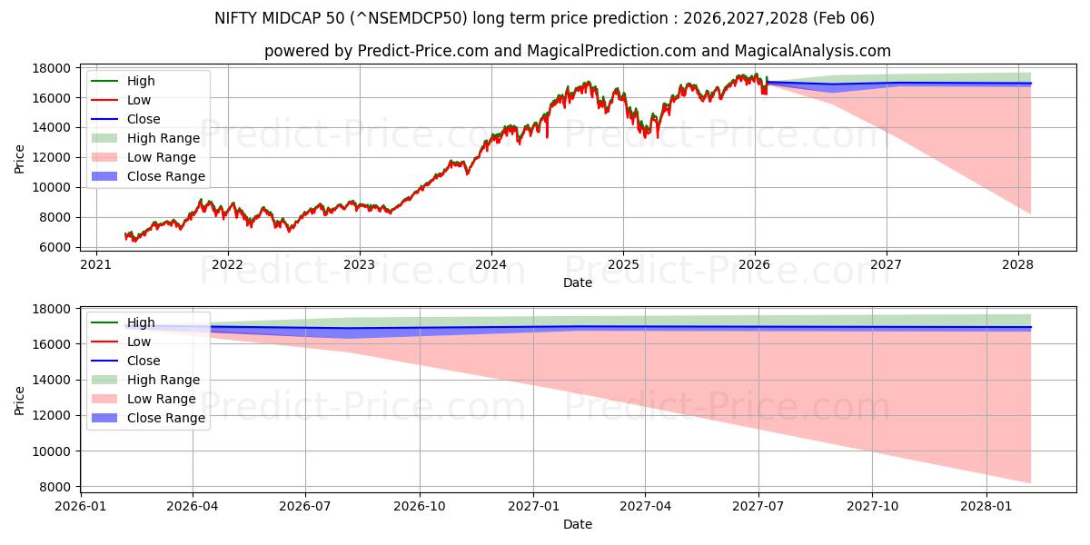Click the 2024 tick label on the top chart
(x=490, y=264)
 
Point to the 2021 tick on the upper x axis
(x=95, y=264)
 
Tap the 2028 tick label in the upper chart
(x=1017, y=264)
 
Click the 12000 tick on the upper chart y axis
(x=54, y=157)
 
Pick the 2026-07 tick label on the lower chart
(x=305, y=506)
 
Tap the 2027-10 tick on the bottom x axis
(x=872, y=506)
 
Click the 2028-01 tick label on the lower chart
(x=986, y=506)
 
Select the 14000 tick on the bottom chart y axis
(x=54, y=380)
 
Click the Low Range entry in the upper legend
(x=161, y=157)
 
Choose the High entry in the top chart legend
(x=141, y=81)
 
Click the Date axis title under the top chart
(x=577, y=282)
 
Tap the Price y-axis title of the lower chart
(x=20, y=400)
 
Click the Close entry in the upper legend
(x=144, y=119)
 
